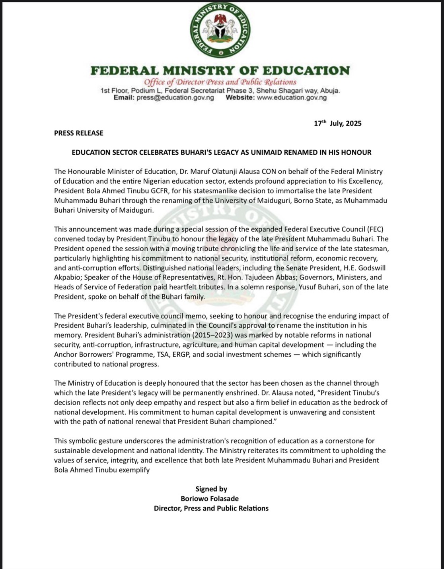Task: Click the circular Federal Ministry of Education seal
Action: tap(220, 30)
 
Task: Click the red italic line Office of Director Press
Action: tap(220, 82)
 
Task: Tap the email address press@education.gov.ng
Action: tap(175, 97)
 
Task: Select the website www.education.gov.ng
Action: tap(292, 97)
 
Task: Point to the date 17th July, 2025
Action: tap(337, 123)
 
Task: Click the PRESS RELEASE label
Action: tap(79, 133)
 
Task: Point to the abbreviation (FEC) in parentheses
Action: tap(374, 229)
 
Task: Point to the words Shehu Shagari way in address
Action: tap(287, 91)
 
